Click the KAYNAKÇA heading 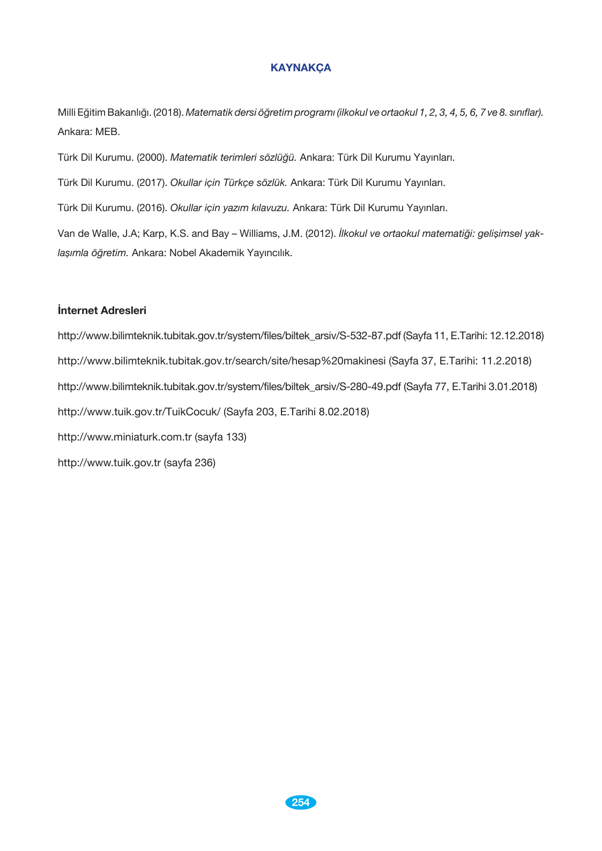point(301,68)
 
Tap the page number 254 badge point(301,802)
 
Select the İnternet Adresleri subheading point(102,310)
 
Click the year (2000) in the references point(152,158)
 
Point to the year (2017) point(152,183)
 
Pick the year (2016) point(152,208)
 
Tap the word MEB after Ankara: point(107,132)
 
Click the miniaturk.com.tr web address point(124,437)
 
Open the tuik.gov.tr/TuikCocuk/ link point(139,412)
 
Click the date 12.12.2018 point(515,336)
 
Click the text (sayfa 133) point(220,437)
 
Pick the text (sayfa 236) point(189,462)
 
